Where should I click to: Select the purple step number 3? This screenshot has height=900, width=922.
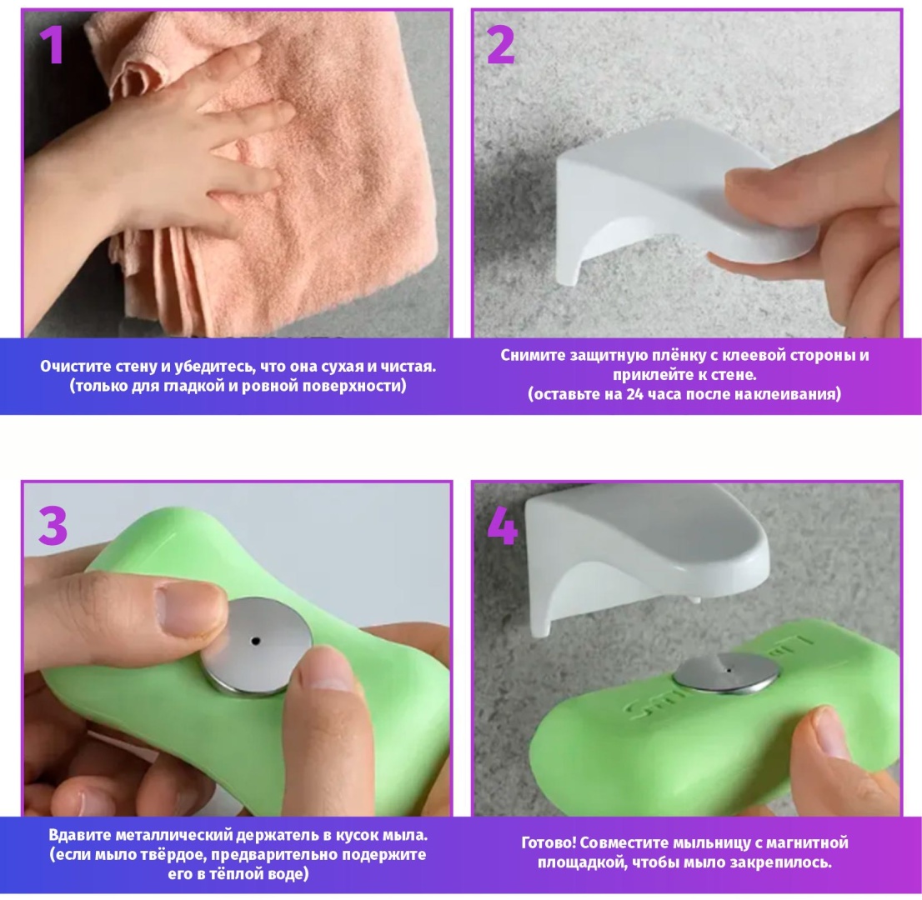tap(53, 526)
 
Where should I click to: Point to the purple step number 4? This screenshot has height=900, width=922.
tap(502, 526)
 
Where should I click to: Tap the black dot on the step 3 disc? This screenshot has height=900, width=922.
tap(254, 641)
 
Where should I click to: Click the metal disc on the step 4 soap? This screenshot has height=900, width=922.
tap(725, 673)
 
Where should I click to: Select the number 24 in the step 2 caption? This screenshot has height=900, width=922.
tap(634, 394)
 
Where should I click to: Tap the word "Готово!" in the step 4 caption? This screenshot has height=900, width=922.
tap(548, 843)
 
